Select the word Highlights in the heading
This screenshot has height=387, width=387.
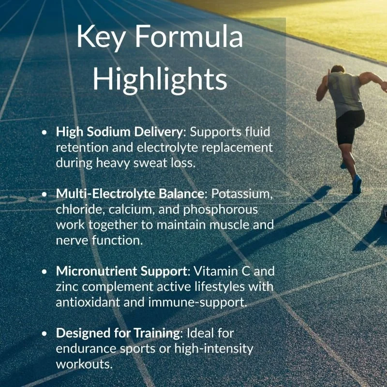pyautogui.click(x=160, y=80)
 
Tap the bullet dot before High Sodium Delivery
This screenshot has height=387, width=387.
pyautogui.click(x=45, y=132)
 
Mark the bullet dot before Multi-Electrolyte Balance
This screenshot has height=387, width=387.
pyautogui.click(x=45, y=194)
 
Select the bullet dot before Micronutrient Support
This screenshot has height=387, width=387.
pyautogui.click(x=45, y=271)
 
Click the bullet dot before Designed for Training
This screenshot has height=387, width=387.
pyautogui.click(x=45, y=333)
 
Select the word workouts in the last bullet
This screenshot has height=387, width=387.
pyautogui.click(x=84, y=364)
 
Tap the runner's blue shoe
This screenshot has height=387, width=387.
pyautogui.click(x=357, y=184)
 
